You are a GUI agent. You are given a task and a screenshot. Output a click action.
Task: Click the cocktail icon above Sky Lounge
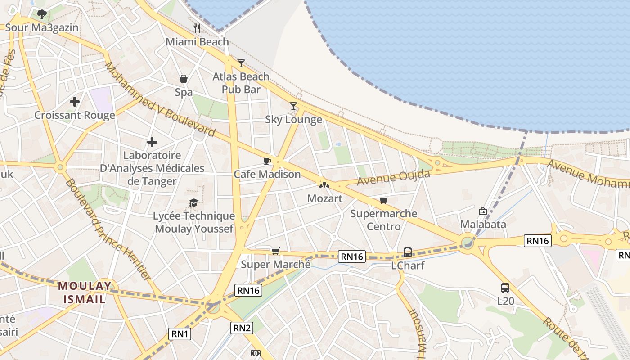click(293, 106)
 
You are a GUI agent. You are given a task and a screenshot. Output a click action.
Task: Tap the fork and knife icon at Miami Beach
click(197, 28)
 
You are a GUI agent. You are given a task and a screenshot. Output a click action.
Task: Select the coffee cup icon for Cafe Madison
click(267, 161)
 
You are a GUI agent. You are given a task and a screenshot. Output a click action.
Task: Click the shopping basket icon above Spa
click(184, 79)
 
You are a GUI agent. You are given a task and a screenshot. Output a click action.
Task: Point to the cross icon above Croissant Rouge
click(75, 102)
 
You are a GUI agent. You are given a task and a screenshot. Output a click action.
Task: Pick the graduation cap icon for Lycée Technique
click(193, 202)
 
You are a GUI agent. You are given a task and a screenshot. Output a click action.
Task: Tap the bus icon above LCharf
click(408, 252)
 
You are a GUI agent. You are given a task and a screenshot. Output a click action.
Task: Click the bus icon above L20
click(505, 288)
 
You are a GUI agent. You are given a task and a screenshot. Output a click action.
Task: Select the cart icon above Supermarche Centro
click(383, 200)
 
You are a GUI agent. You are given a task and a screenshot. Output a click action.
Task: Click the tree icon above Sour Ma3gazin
click(42, 14)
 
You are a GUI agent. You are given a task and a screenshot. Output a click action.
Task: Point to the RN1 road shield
click(180, 333)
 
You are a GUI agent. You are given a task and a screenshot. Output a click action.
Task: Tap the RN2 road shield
click(242, 328)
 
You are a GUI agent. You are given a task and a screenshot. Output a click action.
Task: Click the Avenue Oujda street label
click(394, 177)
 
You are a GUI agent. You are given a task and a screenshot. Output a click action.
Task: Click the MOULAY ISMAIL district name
click(85, 292)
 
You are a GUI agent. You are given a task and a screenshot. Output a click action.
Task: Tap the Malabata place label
click(483, 224)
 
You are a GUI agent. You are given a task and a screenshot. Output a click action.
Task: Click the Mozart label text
click(324, 198)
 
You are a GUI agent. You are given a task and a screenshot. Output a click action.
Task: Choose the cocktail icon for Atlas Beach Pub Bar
click(241, 63)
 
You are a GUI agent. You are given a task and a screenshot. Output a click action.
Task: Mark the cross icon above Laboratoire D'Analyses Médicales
click(152, 143)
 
